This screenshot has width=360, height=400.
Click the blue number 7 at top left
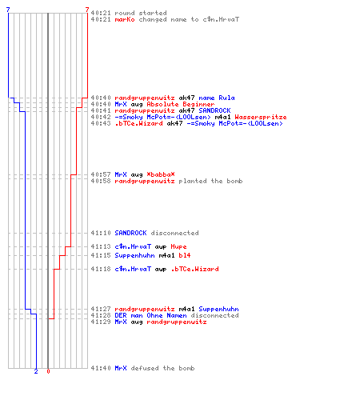click(x=8, y=10)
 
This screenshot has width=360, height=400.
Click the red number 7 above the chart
click(x=87, y=10)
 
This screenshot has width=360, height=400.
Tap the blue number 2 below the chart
click(x=36, y=371)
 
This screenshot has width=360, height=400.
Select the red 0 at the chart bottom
click(x=48, y=371)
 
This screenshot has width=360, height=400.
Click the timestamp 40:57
click(x=101, y=174)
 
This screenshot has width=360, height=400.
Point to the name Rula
click(x=226, y=98)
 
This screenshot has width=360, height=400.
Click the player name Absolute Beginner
click(x=181, y=104)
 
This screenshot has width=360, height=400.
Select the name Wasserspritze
click(x=261, y=117)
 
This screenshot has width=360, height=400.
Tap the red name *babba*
click(x=161, y=174)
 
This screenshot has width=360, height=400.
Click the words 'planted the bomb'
click(x=210, y=181)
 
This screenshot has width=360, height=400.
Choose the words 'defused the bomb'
click(x=162, y=368)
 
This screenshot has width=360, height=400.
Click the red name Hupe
click(x=178, y=246)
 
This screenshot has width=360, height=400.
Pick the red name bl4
click(x=185, y=255)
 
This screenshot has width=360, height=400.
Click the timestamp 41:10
click(x=101, y=233)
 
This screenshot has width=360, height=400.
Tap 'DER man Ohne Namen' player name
click(x=150, y=315)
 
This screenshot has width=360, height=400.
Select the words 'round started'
click(x=141, y=13)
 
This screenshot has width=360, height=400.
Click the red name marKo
click(x=125, y=19)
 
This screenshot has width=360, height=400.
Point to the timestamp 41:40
click(x=101, y=368)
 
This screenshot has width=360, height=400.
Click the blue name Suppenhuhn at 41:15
click(x=134, y=255)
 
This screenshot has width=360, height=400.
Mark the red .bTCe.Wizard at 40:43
click(x=138, y=123)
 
